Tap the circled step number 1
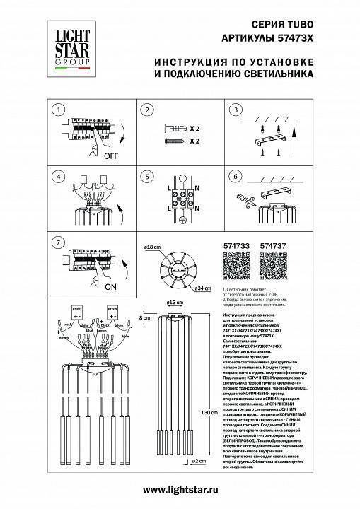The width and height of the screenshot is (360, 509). [x=59, y=110]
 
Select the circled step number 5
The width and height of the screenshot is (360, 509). [x=146, y=177]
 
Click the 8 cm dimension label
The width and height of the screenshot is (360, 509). [x=144, y=320]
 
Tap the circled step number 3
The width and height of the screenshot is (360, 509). [x=234, y=110]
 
